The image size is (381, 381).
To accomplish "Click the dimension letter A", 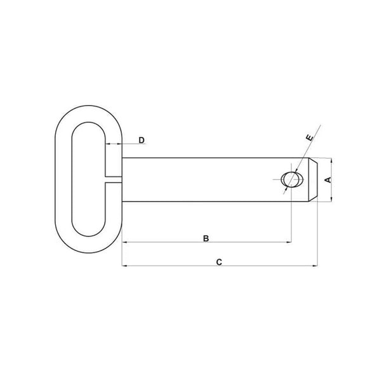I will pyautogui.click(x=328, y=180).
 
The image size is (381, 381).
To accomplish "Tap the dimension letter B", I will pyautogui.click(x=206, y=238).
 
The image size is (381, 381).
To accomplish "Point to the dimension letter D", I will pyautogui.click(x=142, y=139).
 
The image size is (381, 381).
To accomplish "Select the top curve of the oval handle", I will pyautogui.click(x=90, y=107).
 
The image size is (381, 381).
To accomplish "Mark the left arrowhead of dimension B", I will pyautogui.click(x=124, y=242).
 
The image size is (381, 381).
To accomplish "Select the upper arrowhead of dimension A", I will pyautogui.click(x=331, y=160).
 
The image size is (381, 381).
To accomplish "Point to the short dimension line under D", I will pyautogui.click(x=114, y=145).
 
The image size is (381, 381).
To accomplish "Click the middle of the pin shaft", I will pyautogui.click(x=203, y=180).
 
